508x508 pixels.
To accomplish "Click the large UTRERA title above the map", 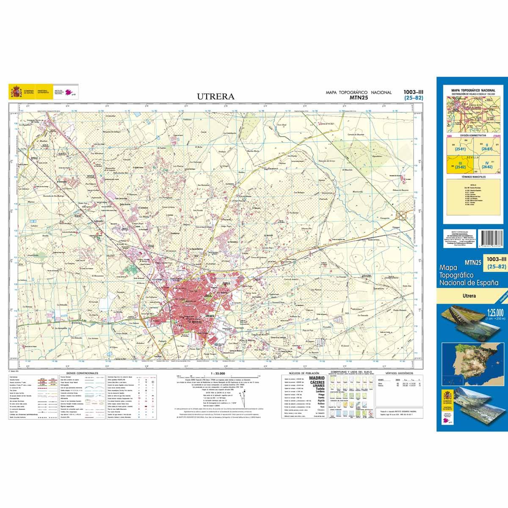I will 215,96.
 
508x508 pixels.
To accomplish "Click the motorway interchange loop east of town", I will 401,216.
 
